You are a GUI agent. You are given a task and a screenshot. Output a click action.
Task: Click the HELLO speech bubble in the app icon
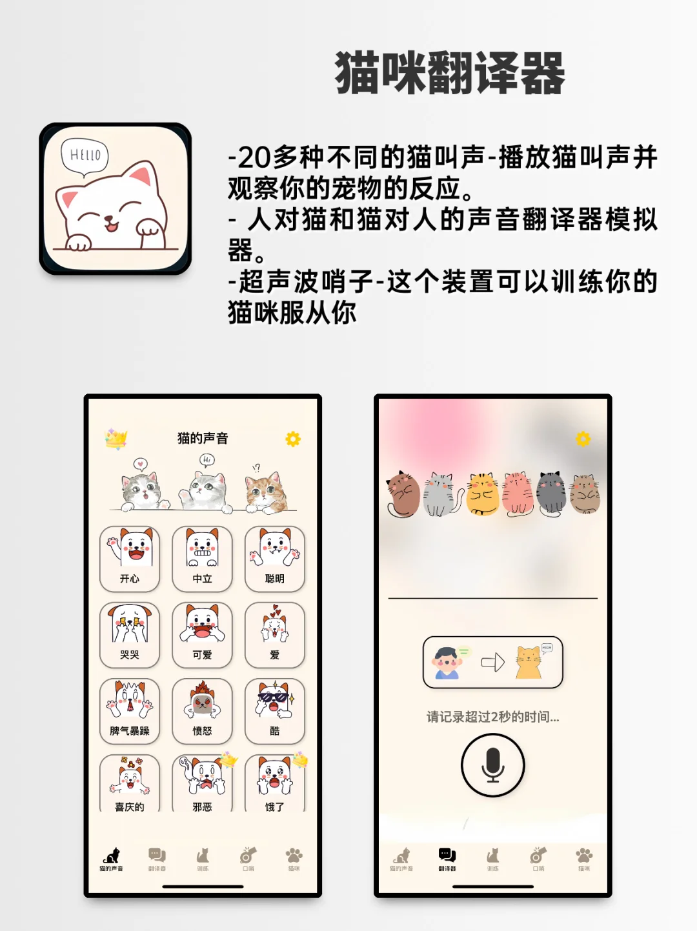pyautogui.click(x=85, y=155)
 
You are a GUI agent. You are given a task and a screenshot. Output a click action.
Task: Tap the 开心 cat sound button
pyautogui.click(x=130, y=558)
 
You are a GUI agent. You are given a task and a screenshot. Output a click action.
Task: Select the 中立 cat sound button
pyautogui.click(x=202, y=558)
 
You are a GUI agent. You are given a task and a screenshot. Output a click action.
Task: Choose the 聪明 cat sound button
pyautogui.click(x=275, y=558)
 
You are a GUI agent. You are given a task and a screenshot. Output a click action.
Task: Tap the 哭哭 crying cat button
pyautogui.click(x=130, y=634)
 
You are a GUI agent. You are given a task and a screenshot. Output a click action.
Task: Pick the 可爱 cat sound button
pyautogui.click(x=202, y=634)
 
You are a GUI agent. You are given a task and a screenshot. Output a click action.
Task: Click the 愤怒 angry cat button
pyautogui.click(x=202, y=710)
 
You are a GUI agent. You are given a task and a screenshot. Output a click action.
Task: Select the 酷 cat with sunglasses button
pyautogui.click(x=275, y=710)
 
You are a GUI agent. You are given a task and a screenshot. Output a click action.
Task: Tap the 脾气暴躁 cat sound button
pyautogui.click(x=130, y=710)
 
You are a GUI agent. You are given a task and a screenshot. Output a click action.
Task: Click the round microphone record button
pyautogui.click(x=492, y=765)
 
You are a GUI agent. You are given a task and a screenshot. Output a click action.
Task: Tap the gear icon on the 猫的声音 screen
pyautogui.click(x=293, y=439)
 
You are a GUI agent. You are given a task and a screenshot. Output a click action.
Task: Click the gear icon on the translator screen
pyautogui.click(x=583, y=439)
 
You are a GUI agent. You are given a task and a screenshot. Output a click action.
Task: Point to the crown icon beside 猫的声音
pyautogui.click(x=116, y=439)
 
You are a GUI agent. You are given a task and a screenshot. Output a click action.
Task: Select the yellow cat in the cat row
pyautogui.click(x=483, y=494)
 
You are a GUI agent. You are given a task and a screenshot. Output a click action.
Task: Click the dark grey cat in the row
pyautogui.click(x=551, y=494)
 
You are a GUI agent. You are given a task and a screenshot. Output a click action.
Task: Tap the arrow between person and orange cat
pyautogui.click(x=493, y=662)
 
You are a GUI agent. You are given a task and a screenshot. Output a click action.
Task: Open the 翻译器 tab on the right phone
pyautogui.click(x=447, y=859)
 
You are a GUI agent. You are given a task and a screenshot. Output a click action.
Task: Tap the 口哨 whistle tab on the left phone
pyautogui.click(x=248, y=859)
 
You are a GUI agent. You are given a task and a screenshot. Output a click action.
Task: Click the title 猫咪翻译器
pyautogui.click(x=450, y=73)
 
